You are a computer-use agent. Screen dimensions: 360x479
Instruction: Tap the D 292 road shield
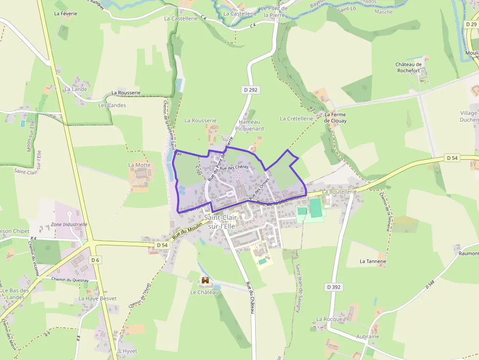pyautogui.click(x=250, y=90)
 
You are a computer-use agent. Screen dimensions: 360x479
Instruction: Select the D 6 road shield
pyautogui.click(x=95, y=260)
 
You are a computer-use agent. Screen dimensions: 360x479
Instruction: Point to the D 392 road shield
pyautogui.click(x=333, y=287)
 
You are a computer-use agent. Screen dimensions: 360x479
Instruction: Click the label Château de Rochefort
pyautogui.click(x=409, y=67)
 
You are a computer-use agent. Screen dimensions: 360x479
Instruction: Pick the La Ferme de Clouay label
pyautogui.click(x=335, y=118)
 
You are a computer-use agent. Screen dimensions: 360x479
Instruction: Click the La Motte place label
pyautogui.click(x=139, y=165)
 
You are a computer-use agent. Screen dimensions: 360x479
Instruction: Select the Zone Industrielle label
pyautogui.click(x=69, y=225)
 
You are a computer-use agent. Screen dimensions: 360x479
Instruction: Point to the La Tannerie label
pyautogui.click(x=373, y=261)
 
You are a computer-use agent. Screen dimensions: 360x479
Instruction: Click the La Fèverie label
pyautogui.click(x=66, y=14)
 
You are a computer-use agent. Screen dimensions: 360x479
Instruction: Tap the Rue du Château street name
pyautogui.click(x=250, y=298)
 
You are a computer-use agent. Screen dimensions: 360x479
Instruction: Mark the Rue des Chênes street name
pyautogui.click(x=234, y=168)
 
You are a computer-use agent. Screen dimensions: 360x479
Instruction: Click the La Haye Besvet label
pyautogui.click(x=98, y=298)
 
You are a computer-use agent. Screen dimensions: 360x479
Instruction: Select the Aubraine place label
pyautogui.click(x=368, y=337)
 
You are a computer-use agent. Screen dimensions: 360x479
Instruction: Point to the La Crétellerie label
pyautogui.click(x=296, y=119)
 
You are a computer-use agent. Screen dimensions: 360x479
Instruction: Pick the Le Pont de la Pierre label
pyautogui.click(x=274, y=11)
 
